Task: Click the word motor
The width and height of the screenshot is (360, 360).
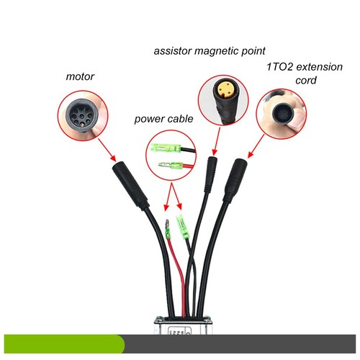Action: click(80, 76)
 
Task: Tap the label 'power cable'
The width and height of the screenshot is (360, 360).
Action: click(163, 119)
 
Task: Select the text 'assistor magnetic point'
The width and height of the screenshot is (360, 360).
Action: click(210, 51)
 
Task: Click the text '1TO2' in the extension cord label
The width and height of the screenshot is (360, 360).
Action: click(280, 67)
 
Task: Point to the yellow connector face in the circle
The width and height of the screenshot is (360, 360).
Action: click(223, 89)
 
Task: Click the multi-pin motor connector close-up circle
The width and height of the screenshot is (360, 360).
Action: click(83, 115)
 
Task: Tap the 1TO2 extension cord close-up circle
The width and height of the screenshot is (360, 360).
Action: click(281, 114)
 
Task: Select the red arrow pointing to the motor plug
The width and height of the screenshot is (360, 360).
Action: click(107, 150)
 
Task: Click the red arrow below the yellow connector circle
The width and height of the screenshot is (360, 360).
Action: click(217, 141)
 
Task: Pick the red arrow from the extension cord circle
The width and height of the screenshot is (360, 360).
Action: click(256, 146)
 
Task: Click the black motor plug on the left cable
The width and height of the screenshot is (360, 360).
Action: click(130, 185)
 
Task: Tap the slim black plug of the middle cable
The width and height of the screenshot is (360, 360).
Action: click(210, 174)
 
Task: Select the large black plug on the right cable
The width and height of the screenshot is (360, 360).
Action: click(235, 181)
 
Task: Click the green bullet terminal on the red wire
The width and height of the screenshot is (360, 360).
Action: click(168, 230)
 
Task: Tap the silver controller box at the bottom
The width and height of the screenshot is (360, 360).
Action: click(183, 325)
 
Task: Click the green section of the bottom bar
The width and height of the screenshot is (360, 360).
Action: click(64, 344)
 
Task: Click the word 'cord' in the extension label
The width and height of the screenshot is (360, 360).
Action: click(305, 81)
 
